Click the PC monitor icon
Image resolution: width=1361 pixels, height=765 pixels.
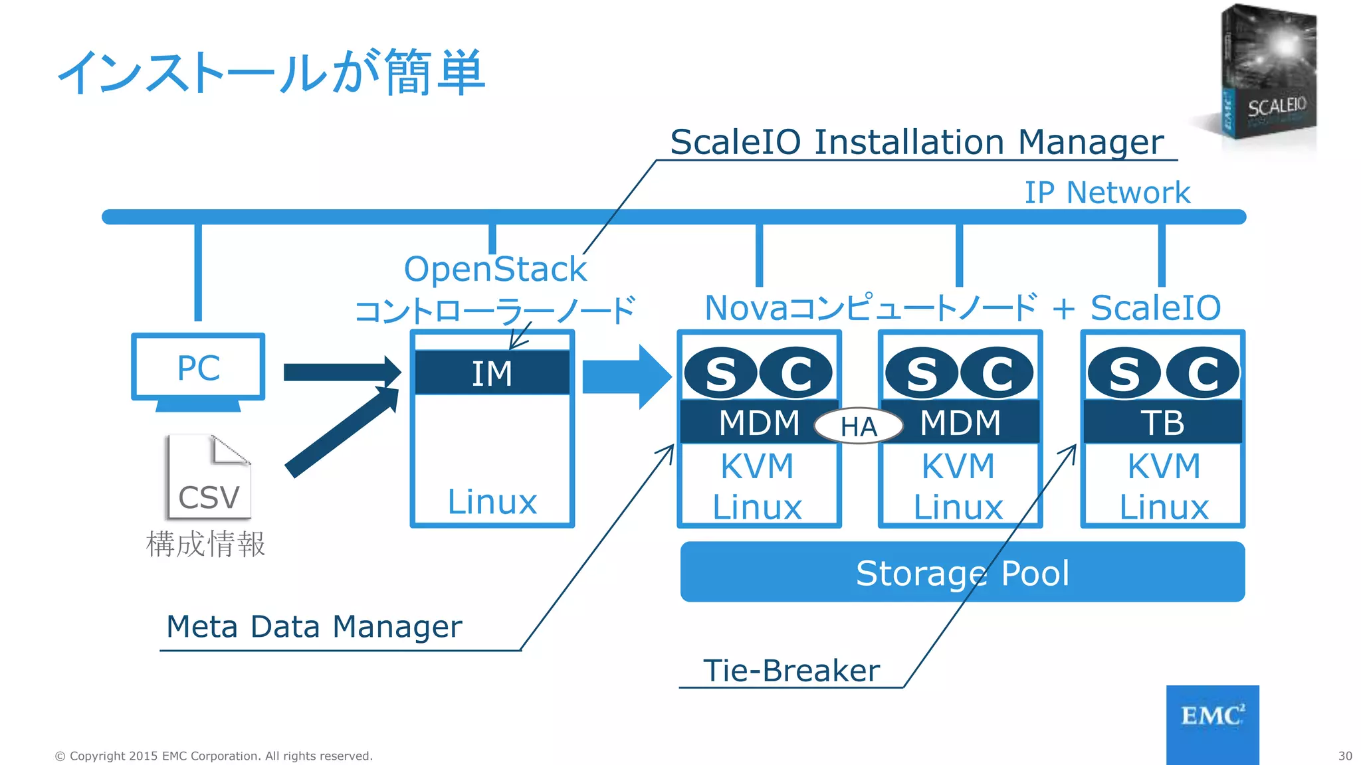[x=198, y=369]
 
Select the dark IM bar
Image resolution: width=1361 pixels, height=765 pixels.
[x=492, y=373]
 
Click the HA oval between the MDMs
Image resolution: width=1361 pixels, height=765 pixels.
[x=859, y=426]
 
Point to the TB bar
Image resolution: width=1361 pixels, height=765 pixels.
[x=1162, y=422]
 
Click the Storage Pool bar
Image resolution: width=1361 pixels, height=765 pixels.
[x=962, y=572]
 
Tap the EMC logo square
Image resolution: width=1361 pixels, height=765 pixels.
[x=1212, y=724]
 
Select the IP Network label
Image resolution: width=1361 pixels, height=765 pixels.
[x=1106, y=193]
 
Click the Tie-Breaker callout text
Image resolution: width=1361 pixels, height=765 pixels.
[x=791, y=670]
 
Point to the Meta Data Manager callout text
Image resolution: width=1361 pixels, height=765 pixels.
[x=314, y=626]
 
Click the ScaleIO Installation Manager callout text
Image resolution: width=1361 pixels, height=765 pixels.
[x=916, y=141]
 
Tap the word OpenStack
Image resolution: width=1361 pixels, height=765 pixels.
[x=495, y=269]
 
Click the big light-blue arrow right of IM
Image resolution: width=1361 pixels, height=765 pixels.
[x=625, y=377]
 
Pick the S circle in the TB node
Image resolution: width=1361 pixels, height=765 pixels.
[x=1124, y=373]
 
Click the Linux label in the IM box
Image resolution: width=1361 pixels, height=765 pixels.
[x=492, y=501]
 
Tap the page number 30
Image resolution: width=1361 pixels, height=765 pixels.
[x=1344, y=756]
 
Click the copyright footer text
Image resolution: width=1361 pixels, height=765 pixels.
[x=213, y=756]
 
